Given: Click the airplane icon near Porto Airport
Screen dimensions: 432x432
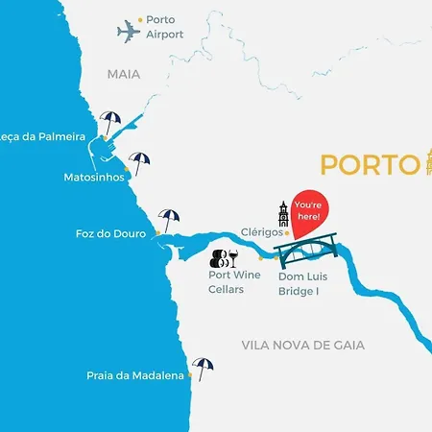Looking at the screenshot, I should point(128,33).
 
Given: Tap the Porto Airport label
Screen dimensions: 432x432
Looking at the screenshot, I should point(165,27).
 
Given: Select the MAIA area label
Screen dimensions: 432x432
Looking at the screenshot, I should point(124,73).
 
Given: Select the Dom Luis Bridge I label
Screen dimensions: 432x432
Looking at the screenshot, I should point(299,282).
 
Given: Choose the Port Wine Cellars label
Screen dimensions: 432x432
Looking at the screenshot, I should point(234,282).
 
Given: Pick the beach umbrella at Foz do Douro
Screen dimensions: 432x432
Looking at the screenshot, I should point(169,219).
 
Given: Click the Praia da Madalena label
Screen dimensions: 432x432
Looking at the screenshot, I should point(135,376).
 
